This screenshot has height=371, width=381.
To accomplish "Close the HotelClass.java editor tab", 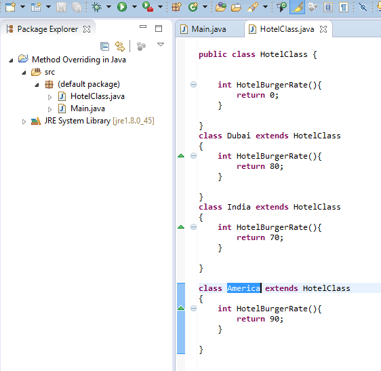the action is (323, 29).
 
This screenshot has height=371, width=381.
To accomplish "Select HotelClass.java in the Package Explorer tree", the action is (98, 96).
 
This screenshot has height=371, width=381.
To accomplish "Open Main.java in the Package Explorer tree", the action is (87, 109).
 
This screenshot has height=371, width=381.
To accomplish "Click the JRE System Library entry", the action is (99, 121).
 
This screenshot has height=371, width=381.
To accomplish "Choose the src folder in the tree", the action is (49, 72).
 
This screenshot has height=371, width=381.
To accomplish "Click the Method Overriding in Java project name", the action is (79, 60).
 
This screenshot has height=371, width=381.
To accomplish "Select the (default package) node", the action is (89, 84).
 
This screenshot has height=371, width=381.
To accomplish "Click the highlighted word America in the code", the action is (243, 288).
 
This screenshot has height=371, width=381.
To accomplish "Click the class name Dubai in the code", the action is (239, 136).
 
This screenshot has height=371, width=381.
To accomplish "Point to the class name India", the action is (239, 207).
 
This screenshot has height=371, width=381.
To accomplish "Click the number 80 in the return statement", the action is (275, 166).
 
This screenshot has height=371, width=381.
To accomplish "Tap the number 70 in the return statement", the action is (275, 237).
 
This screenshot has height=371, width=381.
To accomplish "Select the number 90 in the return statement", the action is (275, 319).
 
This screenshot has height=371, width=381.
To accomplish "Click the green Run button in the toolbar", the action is (122, 7).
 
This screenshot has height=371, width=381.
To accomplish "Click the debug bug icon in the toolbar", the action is (96, 7).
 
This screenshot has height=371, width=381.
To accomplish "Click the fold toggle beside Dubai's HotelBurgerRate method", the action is (193, 155).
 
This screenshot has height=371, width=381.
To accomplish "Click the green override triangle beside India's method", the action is (181, 227).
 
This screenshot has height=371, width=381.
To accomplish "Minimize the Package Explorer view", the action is (143, 26).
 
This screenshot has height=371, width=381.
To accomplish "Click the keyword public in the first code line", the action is (213, 54).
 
